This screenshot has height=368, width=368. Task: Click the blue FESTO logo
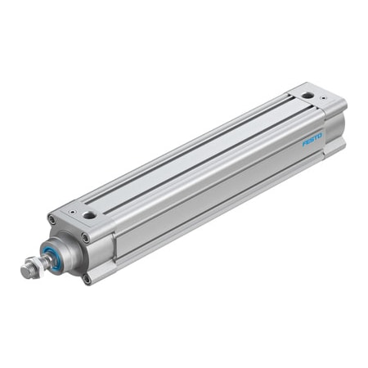point(312,138)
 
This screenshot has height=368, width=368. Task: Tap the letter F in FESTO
point(304,143)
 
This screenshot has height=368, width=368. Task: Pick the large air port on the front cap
point(89,215)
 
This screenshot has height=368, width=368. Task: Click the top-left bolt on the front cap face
point(52,219)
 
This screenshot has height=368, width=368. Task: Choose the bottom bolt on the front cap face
point(87,280)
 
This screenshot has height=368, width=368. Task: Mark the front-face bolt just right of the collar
point(85,238)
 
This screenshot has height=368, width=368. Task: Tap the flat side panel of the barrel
point(213,196)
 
